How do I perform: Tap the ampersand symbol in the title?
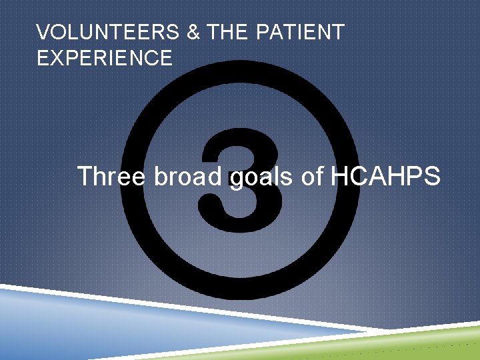coord(193,33)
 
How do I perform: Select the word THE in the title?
coord(227,33)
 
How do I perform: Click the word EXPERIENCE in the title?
coord(105,59)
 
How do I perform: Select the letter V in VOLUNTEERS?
coord(43,33)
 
